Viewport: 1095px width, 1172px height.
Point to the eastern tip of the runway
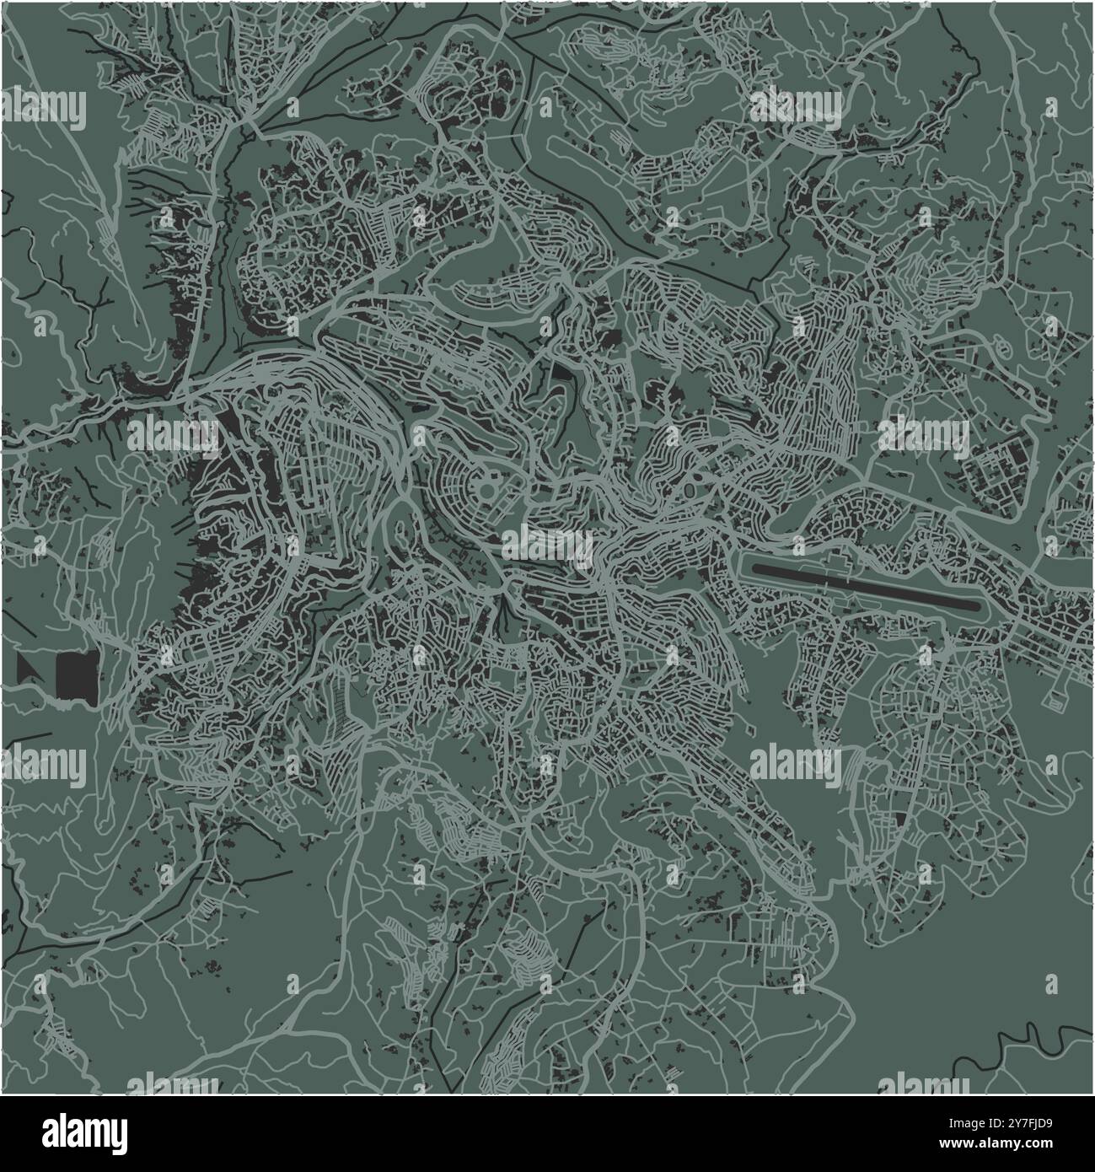pos(978,605)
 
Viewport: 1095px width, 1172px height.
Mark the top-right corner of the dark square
pos(96,651)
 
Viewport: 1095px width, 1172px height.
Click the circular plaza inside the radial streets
pos(487,489)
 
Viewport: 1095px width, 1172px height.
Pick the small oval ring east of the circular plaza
pos(692,488)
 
